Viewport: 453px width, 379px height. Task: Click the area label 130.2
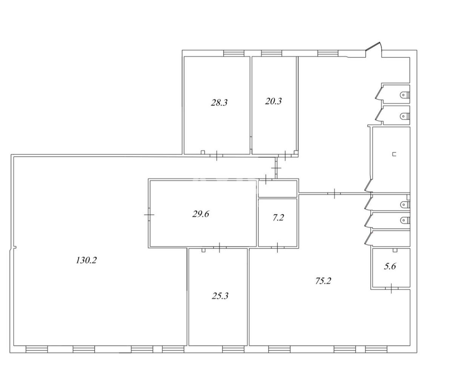tap(86, 260)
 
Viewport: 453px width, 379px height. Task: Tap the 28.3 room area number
tap(219, 102)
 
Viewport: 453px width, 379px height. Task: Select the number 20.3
tap(273, 101)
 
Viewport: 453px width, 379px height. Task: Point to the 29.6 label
tap(200, 214)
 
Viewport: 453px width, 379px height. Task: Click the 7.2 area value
tap(278, 218)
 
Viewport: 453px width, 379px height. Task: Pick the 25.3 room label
tap(220, 296)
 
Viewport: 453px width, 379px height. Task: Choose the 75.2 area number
tap(323, 281)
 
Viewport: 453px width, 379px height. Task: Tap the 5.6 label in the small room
tap(390, 266)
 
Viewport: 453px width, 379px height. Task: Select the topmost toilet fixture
tap(405, 94)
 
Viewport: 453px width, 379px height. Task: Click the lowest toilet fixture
tap(405, 220)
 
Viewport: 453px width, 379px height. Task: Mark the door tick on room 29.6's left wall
tap(149, 215)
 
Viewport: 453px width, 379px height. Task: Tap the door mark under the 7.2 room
tap(277, 248)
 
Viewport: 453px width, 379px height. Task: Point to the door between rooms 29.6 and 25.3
tap(219, 248)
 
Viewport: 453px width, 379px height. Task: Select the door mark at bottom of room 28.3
tap(217, 155)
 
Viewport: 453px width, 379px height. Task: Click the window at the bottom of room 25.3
tap(233, 350)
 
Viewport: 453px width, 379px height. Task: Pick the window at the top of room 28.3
tap(234, 53)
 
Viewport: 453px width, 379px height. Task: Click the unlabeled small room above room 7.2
tap(277, 189)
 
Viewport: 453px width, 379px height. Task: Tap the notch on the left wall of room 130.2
tap(14, 248)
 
